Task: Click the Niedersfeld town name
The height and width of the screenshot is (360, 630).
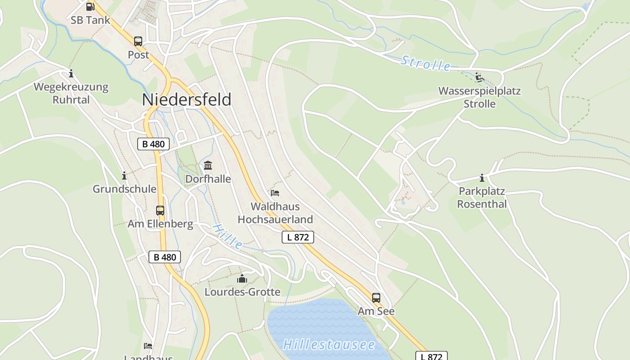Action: [x=187, y=99]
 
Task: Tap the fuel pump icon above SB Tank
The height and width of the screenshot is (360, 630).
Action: [x=90, y=6]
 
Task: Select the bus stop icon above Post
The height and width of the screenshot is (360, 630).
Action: [x=138, y=41]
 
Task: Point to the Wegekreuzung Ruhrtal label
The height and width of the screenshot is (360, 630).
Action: [x=71, y=93]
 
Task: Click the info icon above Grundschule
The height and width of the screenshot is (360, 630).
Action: [x=124, y=175]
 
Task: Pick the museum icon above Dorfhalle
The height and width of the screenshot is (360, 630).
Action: [x=208, y=166]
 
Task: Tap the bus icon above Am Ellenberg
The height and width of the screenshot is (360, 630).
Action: [x=160, y=210]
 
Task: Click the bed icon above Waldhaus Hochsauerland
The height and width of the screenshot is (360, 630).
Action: [x=275, y=193]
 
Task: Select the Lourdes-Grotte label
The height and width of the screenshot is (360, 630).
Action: [x=242, y=292]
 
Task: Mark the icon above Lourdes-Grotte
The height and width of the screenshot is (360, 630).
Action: [x=242, y=279]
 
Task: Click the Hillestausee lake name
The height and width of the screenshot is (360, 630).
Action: [x=328, y=345]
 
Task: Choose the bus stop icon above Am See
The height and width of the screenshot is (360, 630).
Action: [x=376, y=297]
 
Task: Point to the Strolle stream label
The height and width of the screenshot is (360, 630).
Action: [x=425, y=63]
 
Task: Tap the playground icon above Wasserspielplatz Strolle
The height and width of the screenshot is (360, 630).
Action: [x=479, y=78]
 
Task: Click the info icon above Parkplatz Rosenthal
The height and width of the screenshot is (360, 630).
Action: [x=482, y=178]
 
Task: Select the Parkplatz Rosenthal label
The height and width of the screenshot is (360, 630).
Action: [x=482, y=198]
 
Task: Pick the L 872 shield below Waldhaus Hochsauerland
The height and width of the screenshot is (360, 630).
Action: [x=297, y=237]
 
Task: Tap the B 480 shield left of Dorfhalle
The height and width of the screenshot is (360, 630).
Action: [x=153, y=144]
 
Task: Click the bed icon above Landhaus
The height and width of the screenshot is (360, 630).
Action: [x=148, y=346]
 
